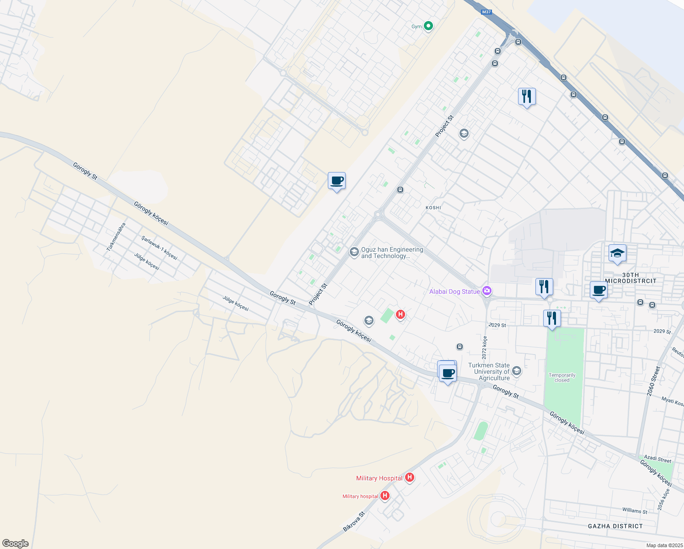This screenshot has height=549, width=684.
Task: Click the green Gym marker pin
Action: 428,26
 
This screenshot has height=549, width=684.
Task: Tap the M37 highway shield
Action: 486,12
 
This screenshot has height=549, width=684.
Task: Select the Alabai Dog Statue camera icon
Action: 487,291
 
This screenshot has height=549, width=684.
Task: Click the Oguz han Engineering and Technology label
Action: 392,253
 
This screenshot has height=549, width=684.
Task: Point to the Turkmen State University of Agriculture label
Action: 489,371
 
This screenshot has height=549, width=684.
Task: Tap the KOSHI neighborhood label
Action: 433,208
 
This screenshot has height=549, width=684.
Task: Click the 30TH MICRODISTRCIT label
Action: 631,278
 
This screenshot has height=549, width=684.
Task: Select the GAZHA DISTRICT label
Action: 615,526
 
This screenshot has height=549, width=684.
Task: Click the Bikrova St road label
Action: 354,522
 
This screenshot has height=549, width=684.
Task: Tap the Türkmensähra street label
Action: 116,237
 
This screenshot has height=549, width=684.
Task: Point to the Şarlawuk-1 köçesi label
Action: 159,248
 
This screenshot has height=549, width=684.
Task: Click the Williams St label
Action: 635,511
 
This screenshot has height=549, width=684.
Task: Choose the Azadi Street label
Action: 657,458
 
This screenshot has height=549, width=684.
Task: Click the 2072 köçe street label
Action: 485,347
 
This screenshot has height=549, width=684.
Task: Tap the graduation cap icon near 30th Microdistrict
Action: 617,253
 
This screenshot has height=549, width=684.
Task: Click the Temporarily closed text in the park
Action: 562,377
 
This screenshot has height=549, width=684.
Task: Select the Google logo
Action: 16,543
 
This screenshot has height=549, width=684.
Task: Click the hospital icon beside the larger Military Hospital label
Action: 410,478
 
